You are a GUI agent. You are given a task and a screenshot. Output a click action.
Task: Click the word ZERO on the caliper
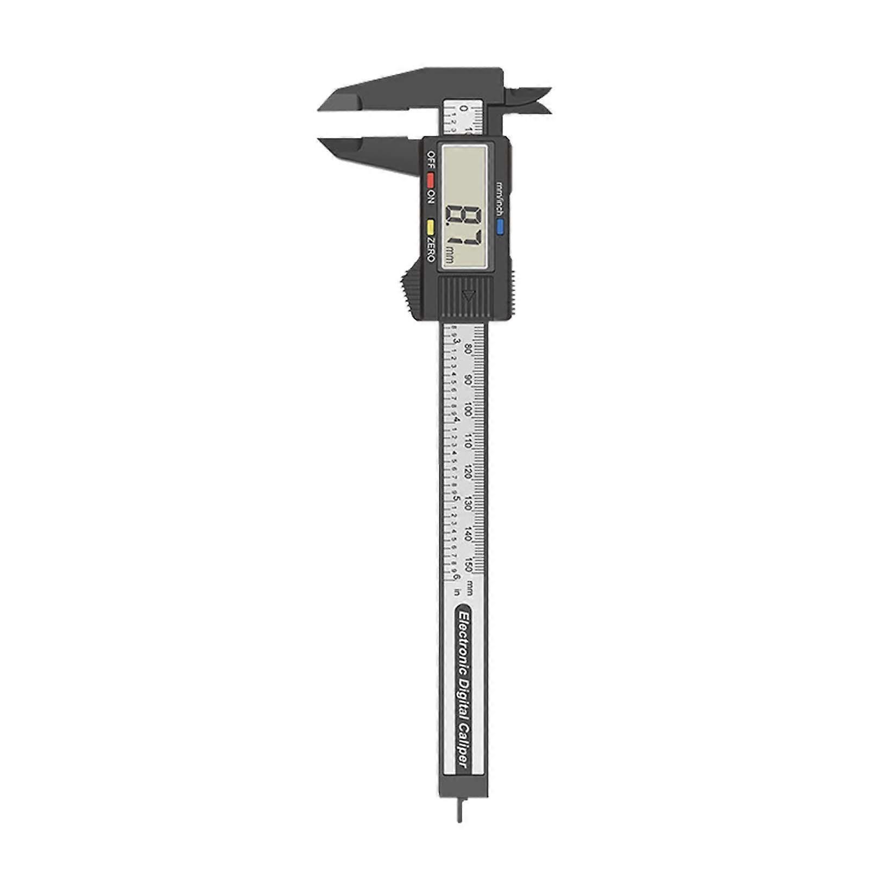coord(431,249)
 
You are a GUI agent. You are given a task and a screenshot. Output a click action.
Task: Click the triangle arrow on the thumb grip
coord(468,295)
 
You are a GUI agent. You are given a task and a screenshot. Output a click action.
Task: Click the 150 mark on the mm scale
coord(469,565)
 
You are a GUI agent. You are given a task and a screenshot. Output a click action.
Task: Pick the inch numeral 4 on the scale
coord(457,419)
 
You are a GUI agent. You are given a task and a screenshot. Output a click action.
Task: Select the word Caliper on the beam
coord(463,744)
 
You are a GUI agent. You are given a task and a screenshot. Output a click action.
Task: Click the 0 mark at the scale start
coord(463,109)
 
